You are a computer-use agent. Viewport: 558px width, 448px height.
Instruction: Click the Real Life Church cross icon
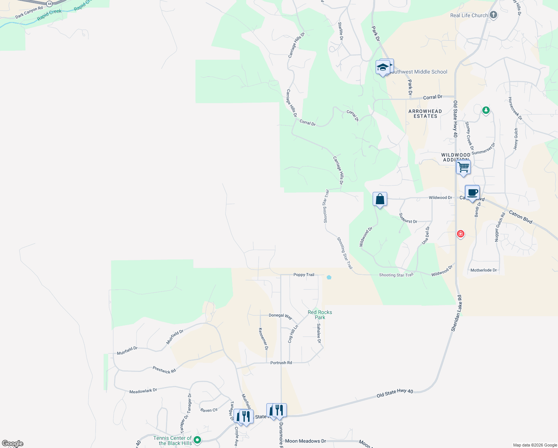pos(493,15)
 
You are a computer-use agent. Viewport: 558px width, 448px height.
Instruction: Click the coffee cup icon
pos(472,193)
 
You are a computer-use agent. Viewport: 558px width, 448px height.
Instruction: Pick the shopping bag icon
pos(380,199)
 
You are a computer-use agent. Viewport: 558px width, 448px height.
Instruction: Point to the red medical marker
pos(461,234)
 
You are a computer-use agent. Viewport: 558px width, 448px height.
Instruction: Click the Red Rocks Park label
pos(320,315)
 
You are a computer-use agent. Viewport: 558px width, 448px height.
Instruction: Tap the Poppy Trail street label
pos(304,275)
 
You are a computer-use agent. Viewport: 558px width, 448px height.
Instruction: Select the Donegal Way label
pos(280,316)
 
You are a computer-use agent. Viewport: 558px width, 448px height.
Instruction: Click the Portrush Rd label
pos(281,363)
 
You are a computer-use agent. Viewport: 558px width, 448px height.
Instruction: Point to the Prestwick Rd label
pos(164,370)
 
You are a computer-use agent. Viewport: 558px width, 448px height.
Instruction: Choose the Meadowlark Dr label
pos(143,391)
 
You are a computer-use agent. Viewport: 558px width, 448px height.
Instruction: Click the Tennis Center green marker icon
pos(198,440)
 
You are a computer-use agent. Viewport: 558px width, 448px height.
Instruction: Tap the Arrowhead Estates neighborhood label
pos(425,113)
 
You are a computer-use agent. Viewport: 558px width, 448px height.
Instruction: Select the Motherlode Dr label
pos(483,270)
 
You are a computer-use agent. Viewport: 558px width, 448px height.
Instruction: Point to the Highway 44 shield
pos(49,3)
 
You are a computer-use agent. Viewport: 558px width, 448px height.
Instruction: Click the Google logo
pos(13,444)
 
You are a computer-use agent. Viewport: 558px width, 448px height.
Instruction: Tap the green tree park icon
pos(486,110)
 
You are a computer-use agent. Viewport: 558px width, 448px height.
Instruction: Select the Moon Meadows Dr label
pos(305,441)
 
